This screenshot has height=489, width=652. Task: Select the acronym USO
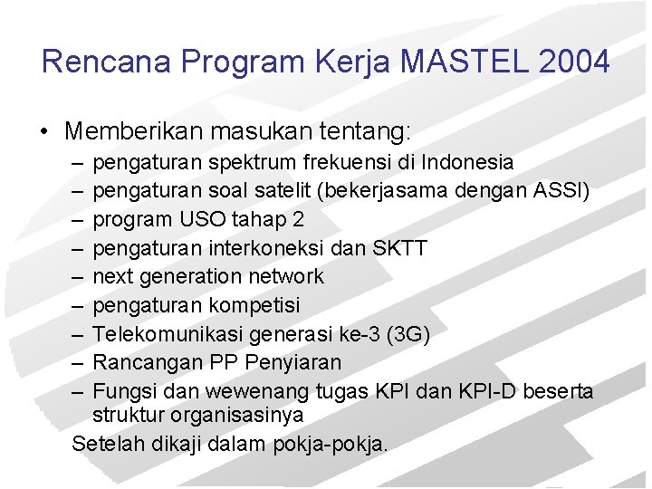[189, 220]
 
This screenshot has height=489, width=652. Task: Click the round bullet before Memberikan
[44, 133]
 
